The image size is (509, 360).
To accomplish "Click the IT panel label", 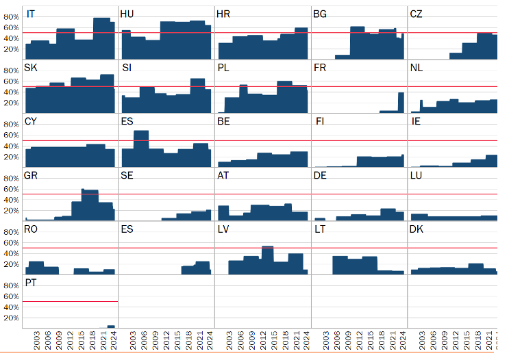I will click(x=32, y=14).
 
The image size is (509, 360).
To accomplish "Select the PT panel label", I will click(x=31, y=283).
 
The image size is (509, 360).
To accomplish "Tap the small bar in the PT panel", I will click(x=111, y=326).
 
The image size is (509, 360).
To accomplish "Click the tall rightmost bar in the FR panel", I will click(x=401, y=103).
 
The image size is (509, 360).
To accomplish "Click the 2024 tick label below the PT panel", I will click(x=113, y=341).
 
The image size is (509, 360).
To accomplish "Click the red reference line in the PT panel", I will click(x=69, y=301).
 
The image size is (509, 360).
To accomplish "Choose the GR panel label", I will click(x=31, y=176).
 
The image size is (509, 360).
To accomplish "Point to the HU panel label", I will click(x=127, y=14).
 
